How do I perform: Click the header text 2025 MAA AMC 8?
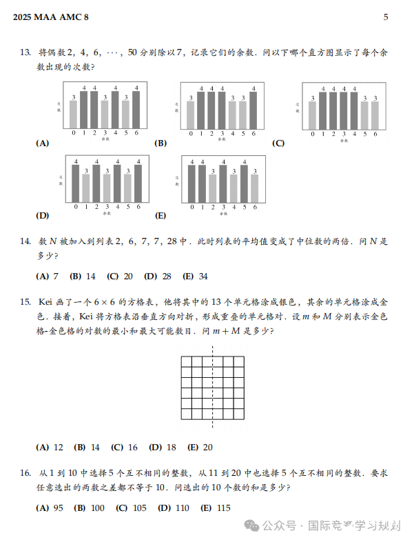51,17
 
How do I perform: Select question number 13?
25,52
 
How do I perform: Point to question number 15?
25,302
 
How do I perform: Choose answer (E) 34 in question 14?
195,277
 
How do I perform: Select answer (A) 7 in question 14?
47,277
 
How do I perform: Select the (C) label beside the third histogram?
278,143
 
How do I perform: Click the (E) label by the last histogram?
161,216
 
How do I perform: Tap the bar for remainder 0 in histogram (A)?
74,114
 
